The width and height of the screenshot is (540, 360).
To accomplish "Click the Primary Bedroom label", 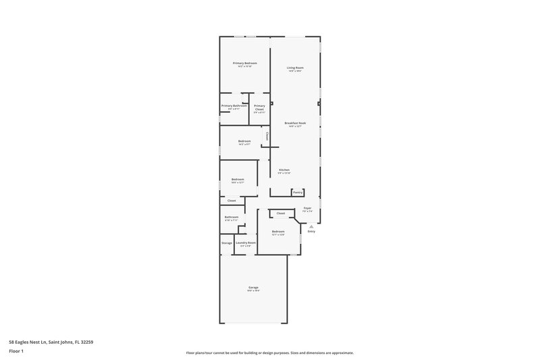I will tap(246, 63).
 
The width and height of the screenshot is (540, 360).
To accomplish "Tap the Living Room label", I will tap(295, 68).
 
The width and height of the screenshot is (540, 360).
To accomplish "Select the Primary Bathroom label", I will tap(234, 105).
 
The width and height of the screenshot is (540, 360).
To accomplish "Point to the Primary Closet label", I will tap(259, 107).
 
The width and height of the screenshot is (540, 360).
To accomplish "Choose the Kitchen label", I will tap(284, 170).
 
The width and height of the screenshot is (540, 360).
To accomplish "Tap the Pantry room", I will tap(298, 192).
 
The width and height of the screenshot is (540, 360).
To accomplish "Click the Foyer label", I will tap(307, 208).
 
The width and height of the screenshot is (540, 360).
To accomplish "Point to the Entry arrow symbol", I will tap(311, 226).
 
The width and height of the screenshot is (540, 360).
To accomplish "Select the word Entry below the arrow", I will tap(311, 232).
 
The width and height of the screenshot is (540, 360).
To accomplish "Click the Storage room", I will tap(227, 243).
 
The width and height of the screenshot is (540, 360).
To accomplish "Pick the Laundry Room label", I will tap(246, 242).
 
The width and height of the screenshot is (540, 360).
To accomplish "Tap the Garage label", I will tap(253, 287).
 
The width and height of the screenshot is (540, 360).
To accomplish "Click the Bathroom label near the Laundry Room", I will tap(232, 217).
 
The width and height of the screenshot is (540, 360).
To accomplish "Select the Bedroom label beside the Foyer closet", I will tap(278, 232).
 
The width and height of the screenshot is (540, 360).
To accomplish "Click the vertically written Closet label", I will tap(267, 136).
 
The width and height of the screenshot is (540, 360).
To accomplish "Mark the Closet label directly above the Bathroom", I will tap(232, 201).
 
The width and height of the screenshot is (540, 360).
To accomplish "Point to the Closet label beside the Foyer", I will tap(281, 213).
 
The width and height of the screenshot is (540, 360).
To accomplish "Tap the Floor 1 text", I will tap(16, 351).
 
